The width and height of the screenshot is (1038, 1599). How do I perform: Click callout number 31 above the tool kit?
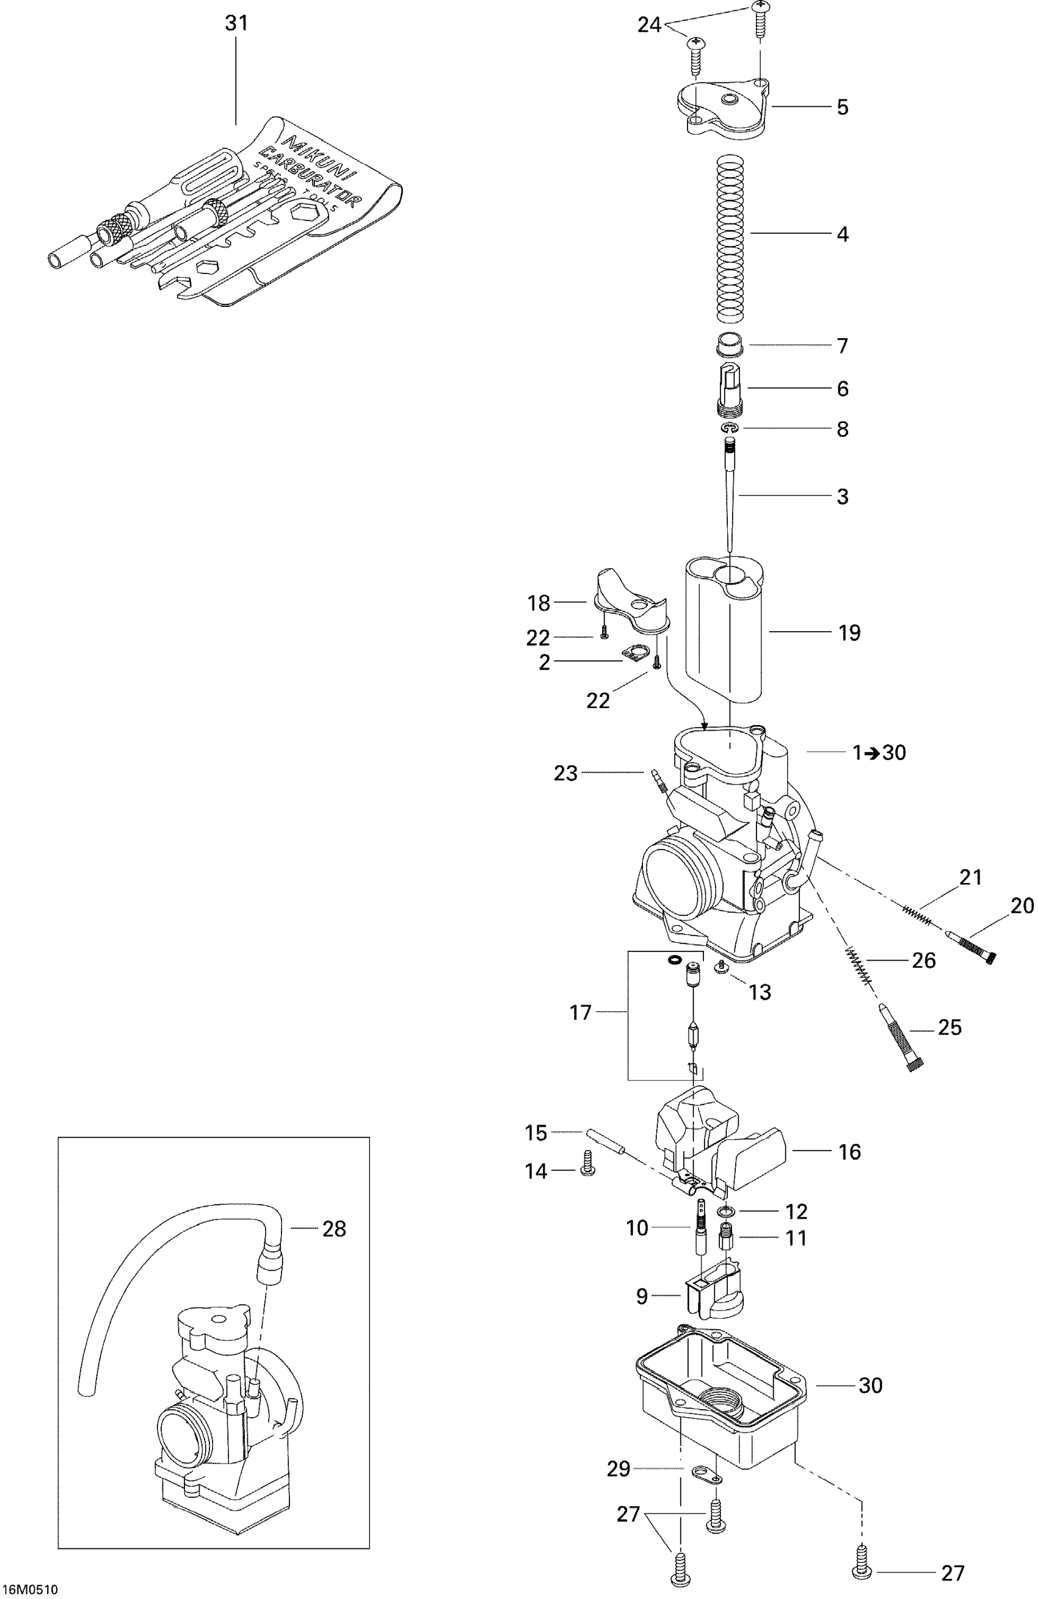[236, 24]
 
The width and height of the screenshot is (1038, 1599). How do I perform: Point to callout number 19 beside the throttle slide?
[849, 633]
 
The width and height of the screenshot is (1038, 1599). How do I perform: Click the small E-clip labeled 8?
[731, 428]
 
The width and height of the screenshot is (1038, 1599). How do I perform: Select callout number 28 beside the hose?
[333, 1229]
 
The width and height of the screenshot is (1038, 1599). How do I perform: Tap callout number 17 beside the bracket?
[580, 1012]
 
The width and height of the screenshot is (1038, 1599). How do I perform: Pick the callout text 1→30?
[879, 753]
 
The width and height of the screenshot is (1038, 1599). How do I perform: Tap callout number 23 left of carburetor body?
[565, 773]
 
